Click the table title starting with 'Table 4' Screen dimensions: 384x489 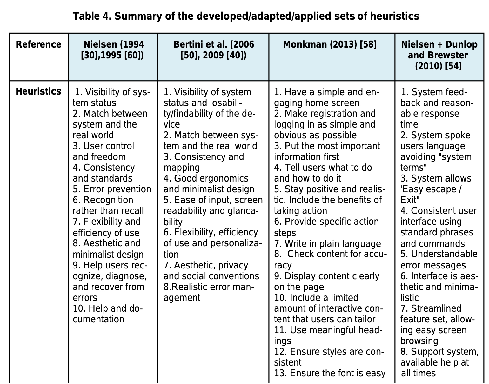click(246, 16)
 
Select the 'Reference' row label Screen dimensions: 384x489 click(38, 44)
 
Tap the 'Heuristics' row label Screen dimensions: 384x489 click(38, 91)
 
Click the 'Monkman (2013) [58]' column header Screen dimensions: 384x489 click(330, 44)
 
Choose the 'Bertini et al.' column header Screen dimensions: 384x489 click(213, 50)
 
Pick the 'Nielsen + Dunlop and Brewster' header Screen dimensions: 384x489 click(439, 55)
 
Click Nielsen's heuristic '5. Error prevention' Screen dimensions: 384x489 click(112, 189)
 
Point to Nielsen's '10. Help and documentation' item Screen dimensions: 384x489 click(108, 314)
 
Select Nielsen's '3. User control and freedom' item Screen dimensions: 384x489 click(104, 151)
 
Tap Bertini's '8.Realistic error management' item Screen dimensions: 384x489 click(209, 292)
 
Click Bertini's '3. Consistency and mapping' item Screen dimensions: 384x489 click(204, 162)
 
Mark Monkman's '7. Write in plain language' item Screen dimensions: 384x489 click(327, 244)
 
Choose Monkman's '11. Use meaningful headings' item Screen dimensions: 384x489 click(328, 335)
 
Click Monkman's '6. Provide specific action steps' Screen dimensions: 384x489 click(326, 227)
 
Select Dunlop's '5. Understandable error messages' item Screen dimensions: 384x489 click(439, 260)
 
